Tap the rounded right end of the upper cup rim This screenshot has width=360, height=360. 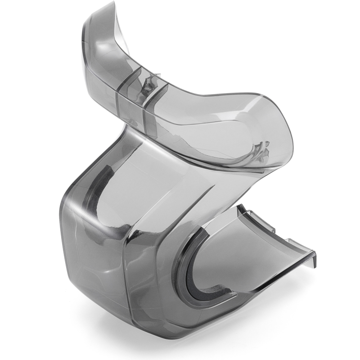(288, 135)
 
